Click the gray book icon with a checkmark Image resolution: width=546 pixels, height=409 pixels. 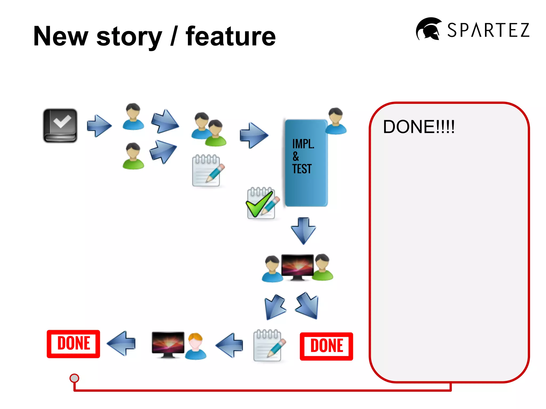[60, 125]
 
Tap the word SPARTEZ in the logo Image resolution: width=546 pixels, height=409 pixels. [488, 30]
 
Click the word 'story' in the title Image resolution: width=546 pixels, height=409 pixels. [129, 37]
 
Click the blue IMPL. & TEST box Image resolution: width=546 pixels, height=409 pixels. [306, 163]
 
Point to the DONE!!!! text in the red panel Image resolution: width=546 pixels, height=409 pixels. [419, 127]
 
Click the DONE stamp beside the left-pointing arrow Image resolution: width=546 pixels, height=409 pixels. [73, 344]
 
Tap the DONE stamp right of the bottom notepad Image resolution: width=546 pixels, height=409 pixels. [326, 346]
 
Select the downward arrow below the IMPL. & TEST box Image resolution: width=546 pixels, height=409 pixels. [303, 231]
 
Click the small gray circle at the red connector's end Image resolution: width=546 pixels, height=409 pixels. [74, 378]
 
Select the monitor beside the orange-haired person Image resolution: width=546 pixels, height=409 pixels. [168, 344]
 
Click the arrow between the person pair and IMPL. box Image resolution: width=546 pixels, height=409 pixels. [254, 135]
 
